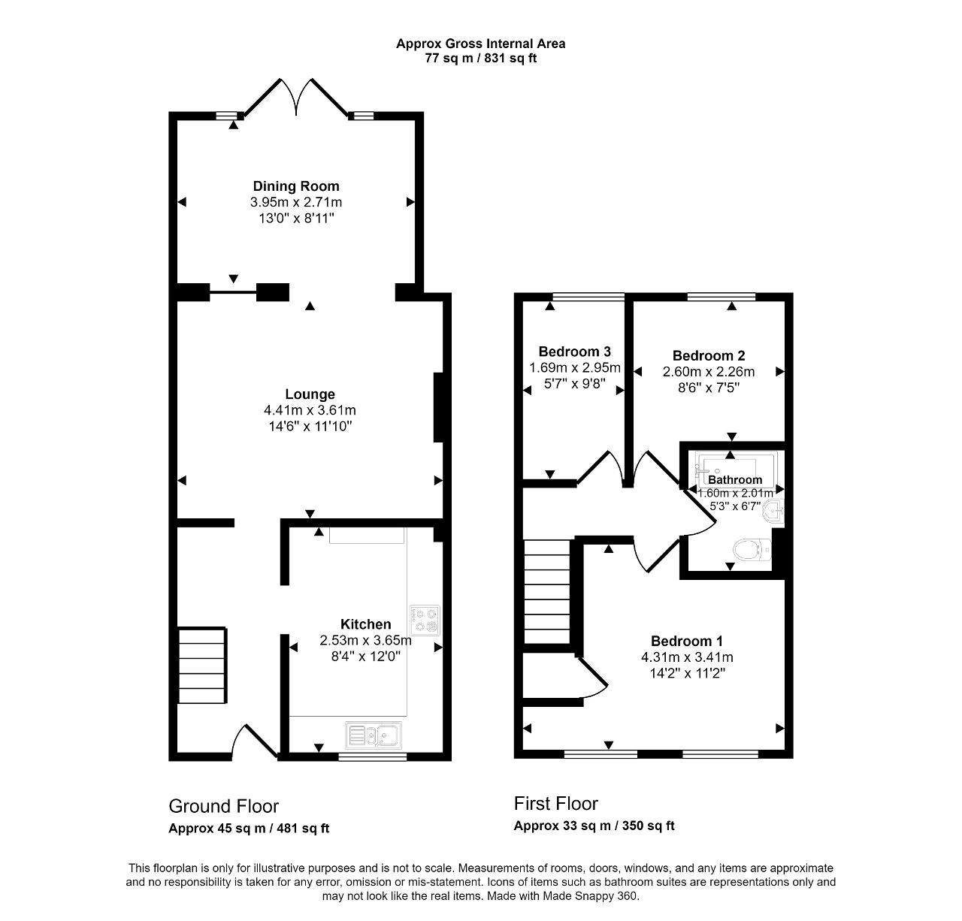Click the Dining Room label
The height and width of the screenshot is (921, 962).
(x=295, y=186)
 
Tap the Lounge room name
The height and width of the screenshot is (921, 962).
(x=310, y=394)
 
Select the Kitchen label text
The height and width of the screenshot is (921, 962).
(x=365, y=624)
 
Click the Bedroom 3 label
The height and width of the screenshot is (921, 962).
(x=574, y=352)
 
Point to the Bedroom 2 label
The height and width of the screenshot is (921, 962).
(x=708, y=356)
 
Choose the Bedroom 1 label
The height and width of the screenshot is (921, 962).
(x=686, y=641)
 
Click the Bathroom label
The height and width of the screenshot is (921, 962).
(x=734, y=480)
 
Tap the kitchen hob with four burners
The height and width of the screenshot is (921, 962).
(x=425, y=620)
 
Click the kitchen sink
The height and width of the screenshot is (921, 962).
(x=375, y=734)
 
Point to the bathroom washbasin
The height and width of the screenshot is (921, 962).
(x=774, y=513)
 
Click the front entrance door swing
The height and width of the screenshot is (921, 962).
(x=254, y=740)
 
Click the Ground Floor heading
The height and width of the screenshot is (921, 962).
(x=223, y=806)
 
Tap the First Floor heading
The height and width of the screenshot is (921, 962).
(x=555, y=803)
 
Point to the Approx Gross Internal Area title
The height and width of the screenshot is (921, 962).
(x=480, y=44)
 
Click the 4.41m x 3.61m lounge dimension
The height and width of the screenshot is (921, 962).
(x=310, y=410)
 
